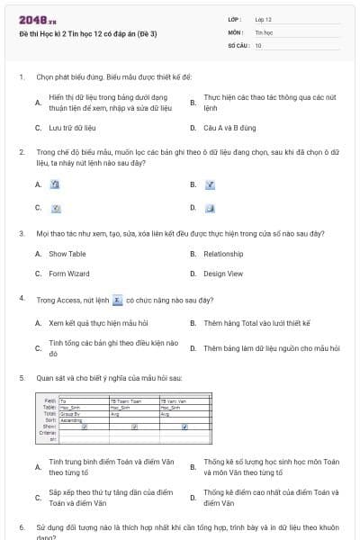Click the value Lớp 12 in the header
263,19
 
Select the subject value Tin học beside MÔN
263,31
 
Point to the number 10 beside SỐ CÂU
258,44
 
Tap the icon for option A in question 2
55,184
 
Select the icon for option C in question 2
55,208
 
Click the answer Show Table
67,254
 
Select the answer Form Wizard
69,274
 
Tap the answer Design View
223,274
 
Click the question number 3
21,233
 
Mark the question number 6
21,526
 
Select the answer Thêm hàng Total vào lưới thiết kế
256,322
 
